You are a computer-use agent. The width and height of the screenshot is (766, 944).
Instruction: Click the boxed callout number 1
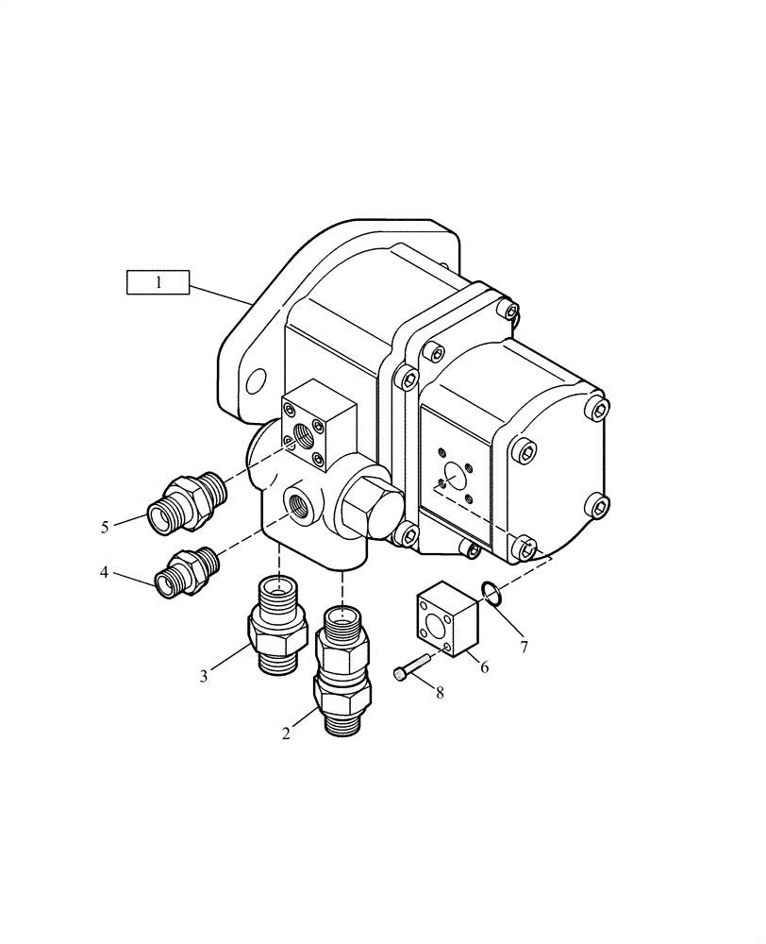(x=158, y=282)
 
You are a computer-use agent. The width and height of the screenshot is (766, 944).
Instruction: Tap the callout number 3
(x=204, y=675)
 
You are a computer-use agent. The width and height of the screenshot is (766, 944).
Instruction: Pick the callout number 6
(x=484, y=666)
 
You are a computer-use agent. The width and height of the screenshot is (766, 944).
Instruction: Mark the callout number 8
(x=440, y=692)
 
